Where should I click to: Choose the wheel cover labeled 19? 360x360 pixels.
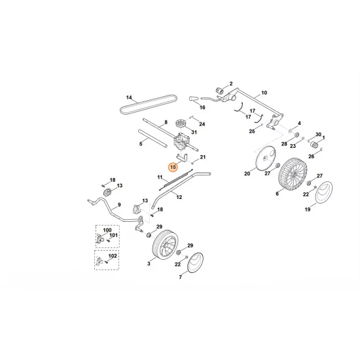(322, 194)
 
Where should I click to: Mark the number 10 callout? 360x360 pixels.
(264, 93)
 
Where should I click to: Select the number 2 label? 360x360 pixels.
(230, 84)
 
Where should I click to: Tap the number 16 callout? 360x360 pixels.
(202, 107)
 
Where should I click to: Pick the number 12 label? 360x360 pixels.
(179, 198)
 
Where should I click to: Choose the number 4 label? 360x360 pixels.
(299, 124)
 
